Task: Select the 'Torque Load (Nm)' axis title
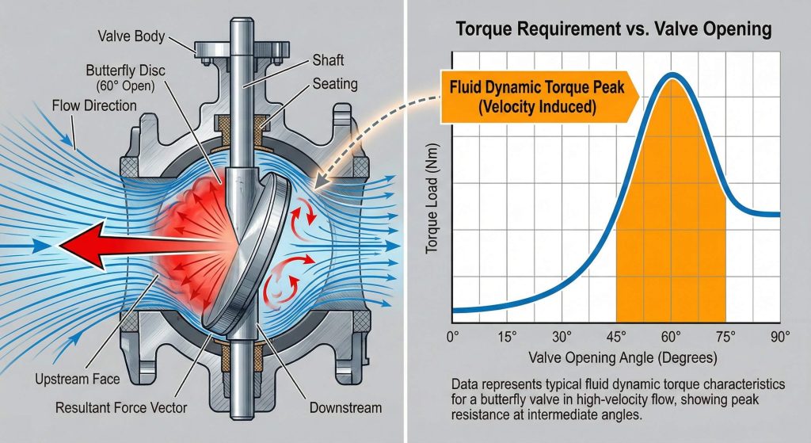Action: tap(432, 215)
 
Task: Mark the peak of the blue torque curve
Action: tap(672, 77)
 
